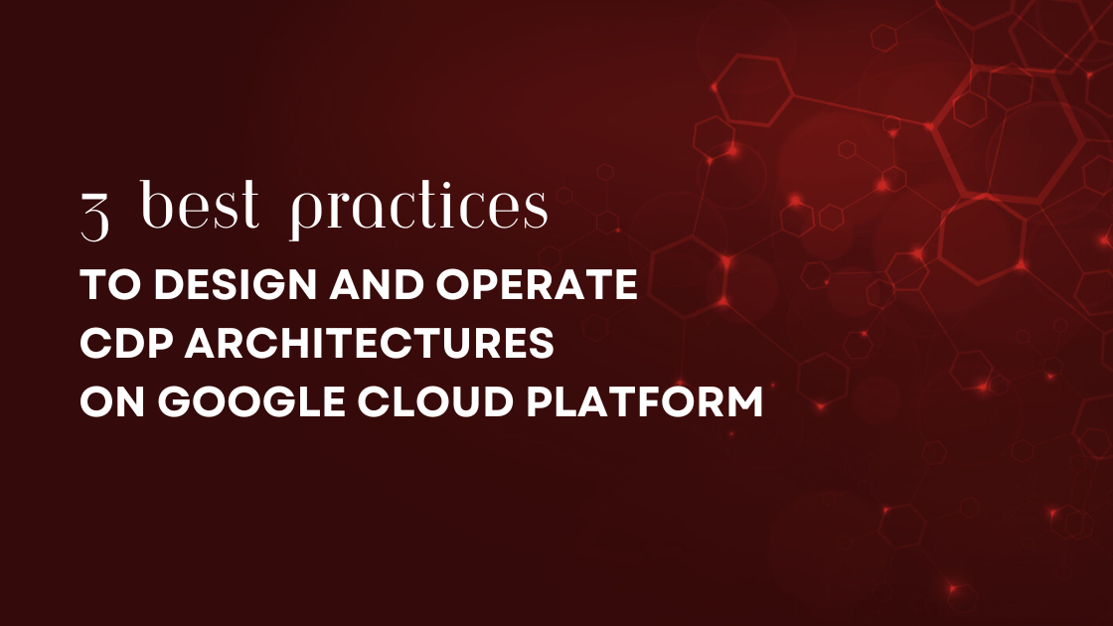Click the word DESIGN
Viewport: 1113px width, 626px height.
point(211,286)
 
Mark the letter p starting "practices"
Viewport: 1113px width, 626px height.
point(303,213)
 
